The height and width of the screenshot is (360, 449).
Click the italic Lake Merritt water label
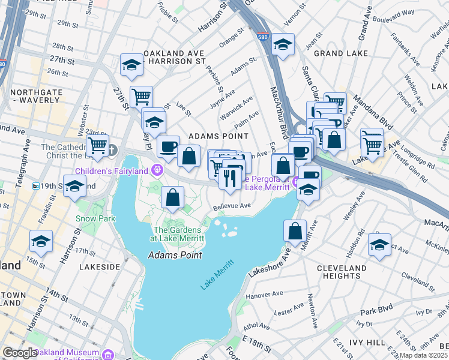[217, 277]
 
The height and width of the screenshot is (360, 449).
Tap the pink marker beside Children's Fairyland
[158, 170]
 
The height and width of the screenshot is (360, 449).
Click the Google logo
[20, 352]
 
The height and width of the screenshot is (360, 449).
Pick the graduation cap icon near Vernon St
[283, 44]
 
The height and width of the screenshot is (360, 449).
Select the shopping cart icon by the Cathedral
[97, 145]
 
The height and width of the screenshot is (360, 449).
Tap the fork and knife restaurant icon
[230, 178]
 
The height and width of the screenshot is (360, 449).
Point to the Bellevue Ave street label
[233, 206]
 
